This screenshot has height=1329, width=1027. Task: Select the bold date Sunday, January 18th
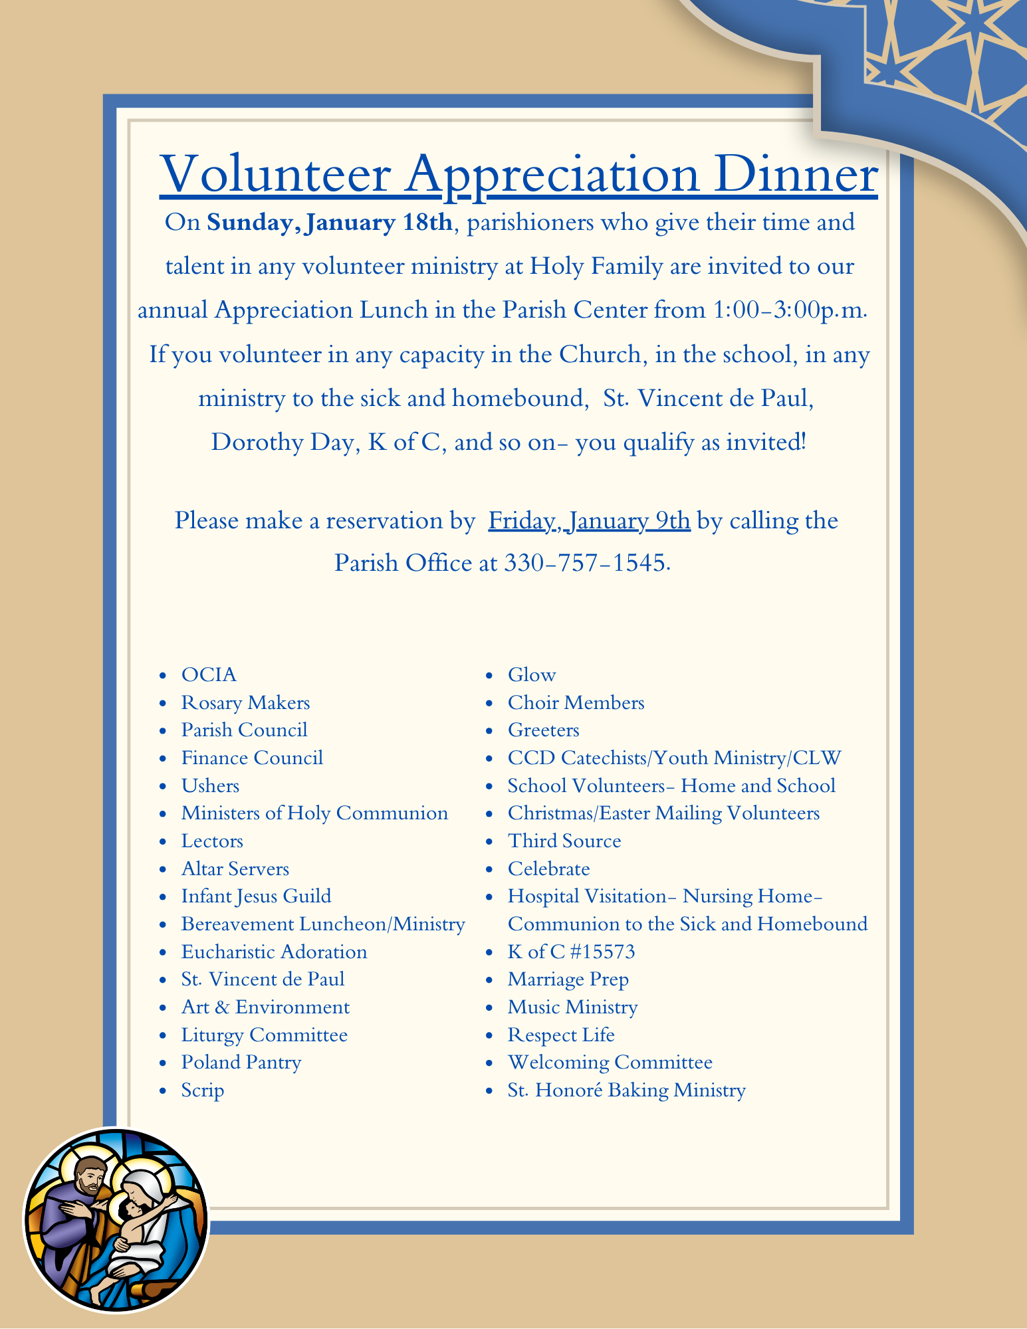pyautogui.click(x=330, y=222)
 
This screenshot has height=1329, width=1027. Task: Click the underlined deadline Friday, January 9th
pyautogui.click(x=589, y=520)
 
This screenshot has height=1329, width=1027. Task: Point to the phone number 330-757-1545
pyautogui.click(x=585, y=563)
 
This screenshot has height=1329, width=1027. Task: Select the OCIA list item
pyautogui.click(x=209, y=675)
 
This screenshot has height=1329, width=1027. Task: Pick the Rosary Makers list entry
pyautogui.click(x=245, y=703)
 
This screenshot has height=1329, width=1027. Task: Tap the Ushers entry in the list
pyautogui.click(x=210, y=786)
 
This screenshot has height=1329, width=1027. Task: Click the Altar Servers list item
pyautogui.click(x=235, y=869)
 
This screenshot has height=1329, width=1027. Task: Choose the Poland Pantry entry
pyautogui.click(x=241, y=1063)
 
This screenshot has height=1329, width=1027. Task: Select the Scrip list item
pyautogui.click(x=203, y=1090)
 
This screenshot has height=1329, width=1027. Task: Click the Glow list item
pyautogui.click(x=532, y=675)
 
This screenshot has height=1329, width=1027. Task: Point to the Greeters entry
pyautogui.click(x=543, y=730)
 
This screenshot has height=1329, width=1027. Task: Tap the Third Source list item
pyautogui.click(x=564, y=841)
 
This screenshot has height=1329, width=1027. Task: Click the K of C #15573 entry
pyautogui.click(x=571, y=952)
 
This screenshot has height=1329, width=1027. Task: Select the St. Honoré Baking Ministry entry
pyautogui.click(x=626, y=1090)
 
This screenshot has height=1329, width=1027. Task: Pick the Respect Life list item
pyautogui.click(x=561, y=1035)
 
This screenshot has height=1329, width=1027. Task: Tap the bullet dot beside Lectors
pyautogui.click(x=164, y=842)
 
